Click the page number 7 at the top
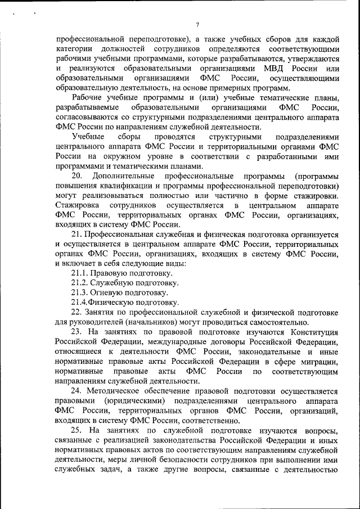pyautogui.click(x=198, y=23)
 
